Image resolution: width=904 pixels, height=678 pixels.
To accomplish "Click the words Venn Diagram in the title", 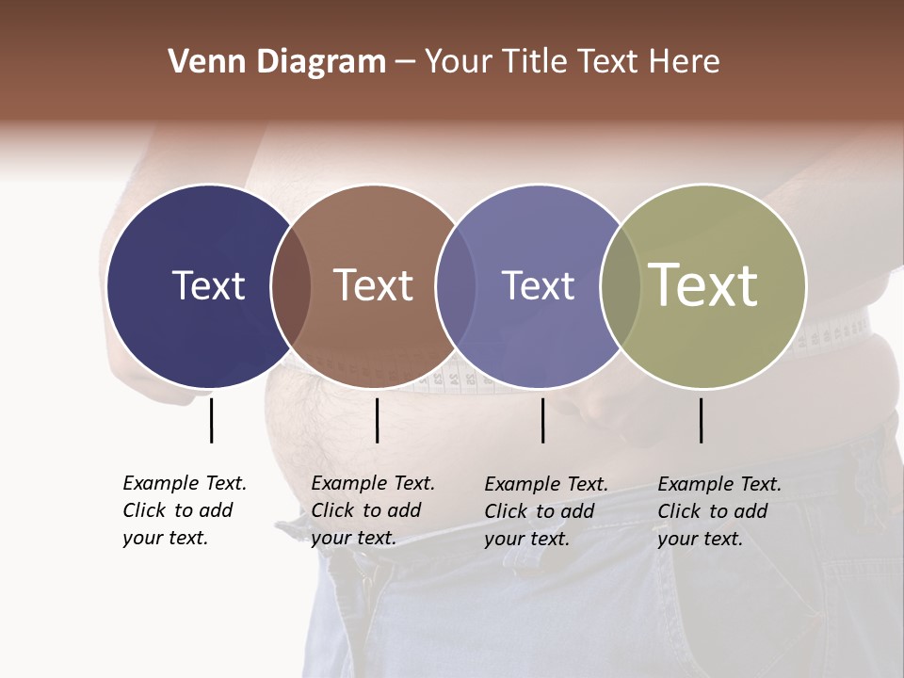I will (277, 62).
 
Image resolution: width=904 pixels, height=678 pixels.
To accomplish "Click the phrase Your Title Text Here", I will (572, 62).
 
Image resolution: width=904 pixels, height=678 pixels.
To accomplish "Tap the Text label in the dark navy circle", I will (208, 285).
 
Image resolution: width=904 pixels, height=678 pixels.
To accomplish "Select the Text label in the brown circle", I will (373, 285).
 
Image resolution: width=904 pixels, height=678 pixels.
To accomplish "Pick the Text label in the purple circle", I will (538, 285).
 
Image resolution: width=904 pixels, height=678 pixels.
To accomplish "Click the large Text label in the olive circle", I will (702, 284).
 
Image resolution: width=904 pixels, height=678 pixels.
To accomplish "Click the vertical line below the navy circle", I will (211, 420).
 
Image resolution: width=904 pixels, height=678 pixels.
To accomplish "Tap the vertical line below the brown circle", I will (377, 420).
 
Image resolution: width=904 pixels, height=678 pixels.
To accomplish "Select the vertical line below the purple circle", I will (542, 420).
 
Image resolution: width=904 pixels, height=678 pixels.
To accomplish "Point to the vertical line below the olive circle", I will (701, 420).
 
